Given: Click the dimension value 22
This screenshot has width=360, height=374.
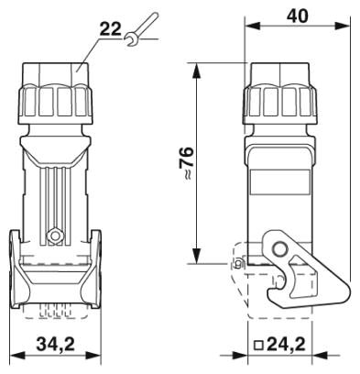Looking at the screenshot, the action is tap(111, 30).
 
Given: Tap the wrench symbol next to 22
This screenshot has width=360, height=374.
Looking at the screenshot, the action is tap(141, 28).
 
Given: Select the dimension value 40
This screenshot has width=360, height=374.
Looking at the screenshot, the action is tap(297, 16).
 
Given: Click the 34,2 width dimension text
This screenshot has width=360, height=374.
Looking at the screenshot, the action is tap(56, 345).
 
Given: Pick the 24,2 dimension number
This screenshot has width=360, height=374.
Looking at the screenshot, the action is tap(286, 345).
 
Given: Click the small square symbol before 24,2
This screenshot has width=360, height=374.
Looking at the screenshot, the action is tap(259, 345).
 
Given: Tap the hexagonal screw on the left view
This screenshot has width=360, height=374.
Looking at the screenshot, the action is tap(55, 236).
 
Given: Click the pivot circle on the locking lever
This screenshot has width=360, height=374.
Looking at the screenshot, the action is tap(279, 249).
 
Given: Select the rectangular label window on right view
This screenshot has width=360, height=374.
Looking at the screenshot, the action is tap(280, 181).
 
